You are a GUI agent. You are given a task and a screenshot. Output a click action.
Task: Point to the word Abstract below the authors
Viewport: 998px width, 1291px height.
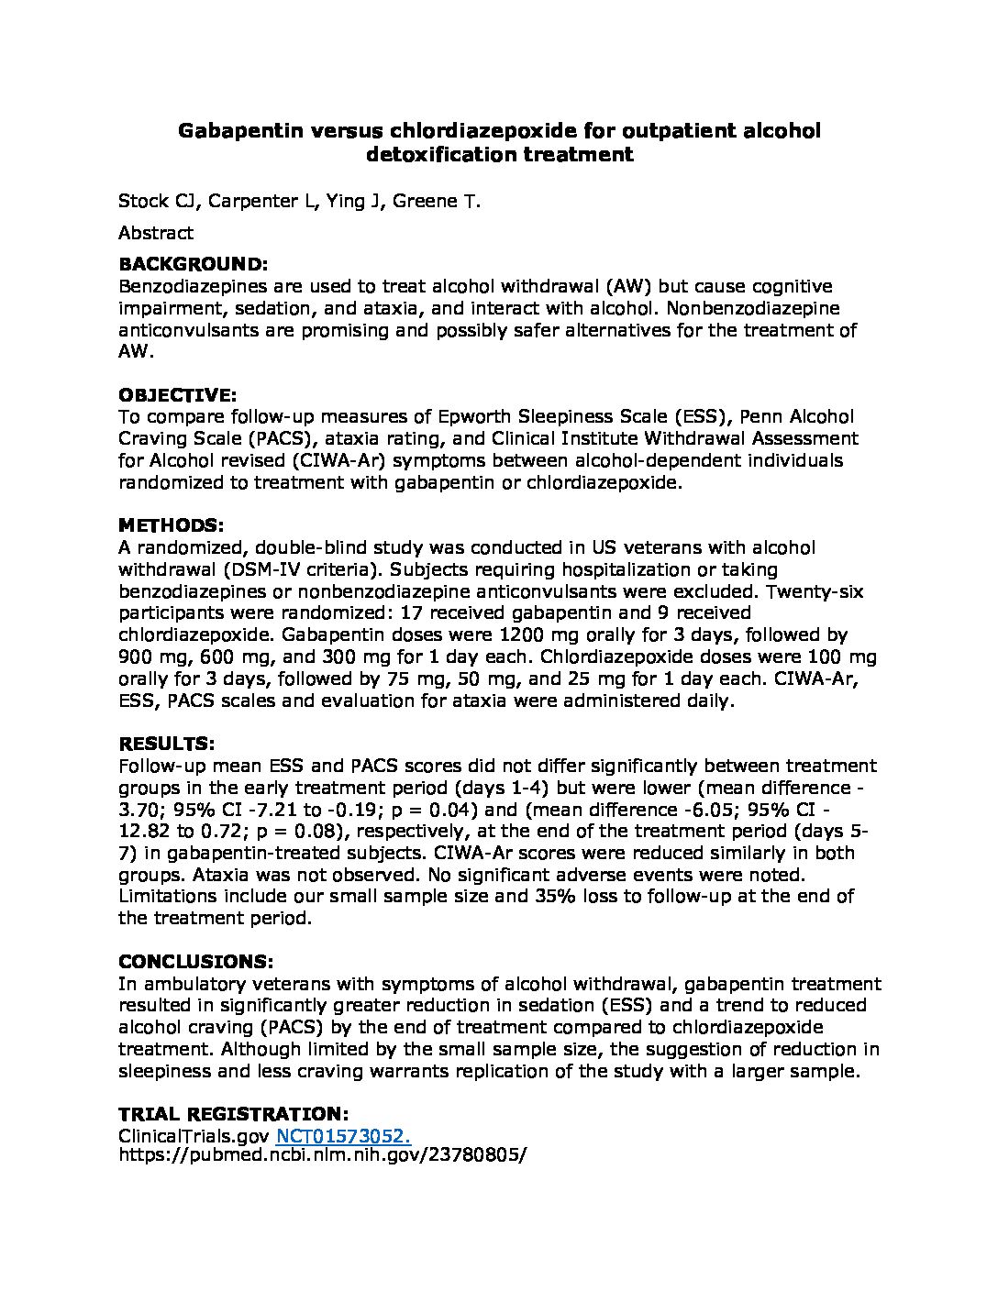pos(156,233)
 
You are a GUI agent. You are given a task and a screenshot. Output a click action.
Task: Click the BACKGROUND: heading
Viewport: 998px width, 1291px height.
pos(194,264)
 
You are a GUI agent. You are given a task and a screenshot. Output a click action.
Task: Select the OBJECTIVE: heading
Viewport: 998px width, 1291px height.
pos(178,395)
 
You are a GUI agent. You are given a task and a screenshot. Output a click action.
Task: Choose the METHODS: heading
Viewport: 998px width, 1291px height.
pos(172,525)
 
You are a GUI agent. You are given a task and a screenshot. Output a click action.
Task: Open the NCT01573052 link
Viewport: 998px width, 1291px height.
pos(342,1136)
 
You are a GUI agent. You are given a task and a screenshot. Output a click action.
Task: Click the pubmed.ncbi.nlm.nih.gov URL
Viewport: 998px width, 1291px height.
pos(324,1156)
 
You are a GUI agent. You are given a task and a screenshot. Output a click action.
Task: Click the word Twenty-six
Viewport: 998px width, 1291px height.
pos(815,590)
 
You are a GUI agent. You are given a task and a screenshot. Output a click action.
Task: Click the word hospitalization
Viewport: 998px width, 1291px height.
pos(619,569)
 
